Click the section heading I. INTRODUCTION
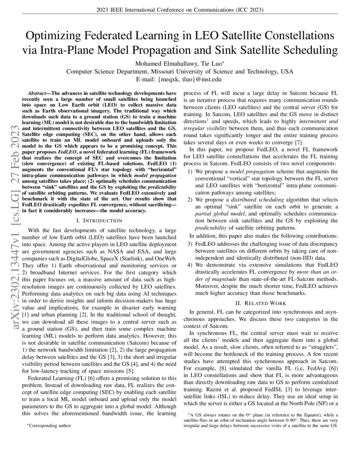[x=99, y=221]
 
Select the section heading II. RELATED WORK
[x=263, y=303]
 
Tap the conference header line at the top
[x=180, y=10]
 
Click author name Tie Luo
[x=212, y=63]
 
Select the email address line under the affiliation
[x=180, y=79]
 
